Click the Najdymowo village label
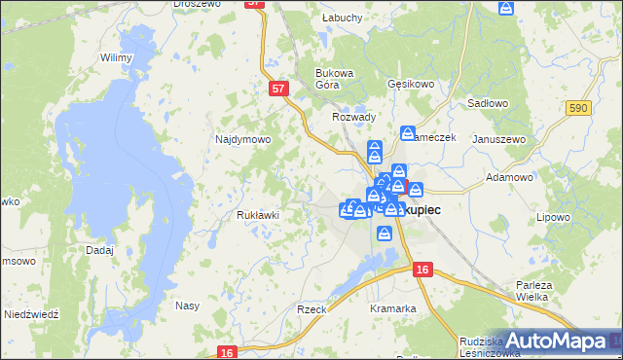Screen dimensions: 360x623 click(x=242, y=139)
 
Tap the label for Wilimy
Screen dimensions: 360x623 click(x=116, y=57)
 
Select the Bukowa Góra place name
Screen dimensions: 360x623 click(x=334, y=78)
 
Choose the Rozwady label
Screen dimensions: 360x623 click(x=353, y=117)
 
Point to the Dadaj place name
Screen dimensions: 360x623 click(x=99, y=250)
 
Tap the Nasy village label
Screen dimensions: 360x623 click(x=187, y=306)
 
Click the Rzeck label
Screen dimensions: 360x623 click(x=311, y=308)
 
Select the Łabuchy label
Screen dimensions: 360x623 click(x=342, y=17)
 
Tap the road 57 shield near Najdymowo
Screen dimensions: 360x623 click(x=279, y=89)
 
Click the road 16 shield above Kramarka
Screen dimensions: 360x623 click(x=421, y=269)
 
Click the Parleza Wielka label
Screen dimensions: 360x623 click(x=534, y=291)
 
